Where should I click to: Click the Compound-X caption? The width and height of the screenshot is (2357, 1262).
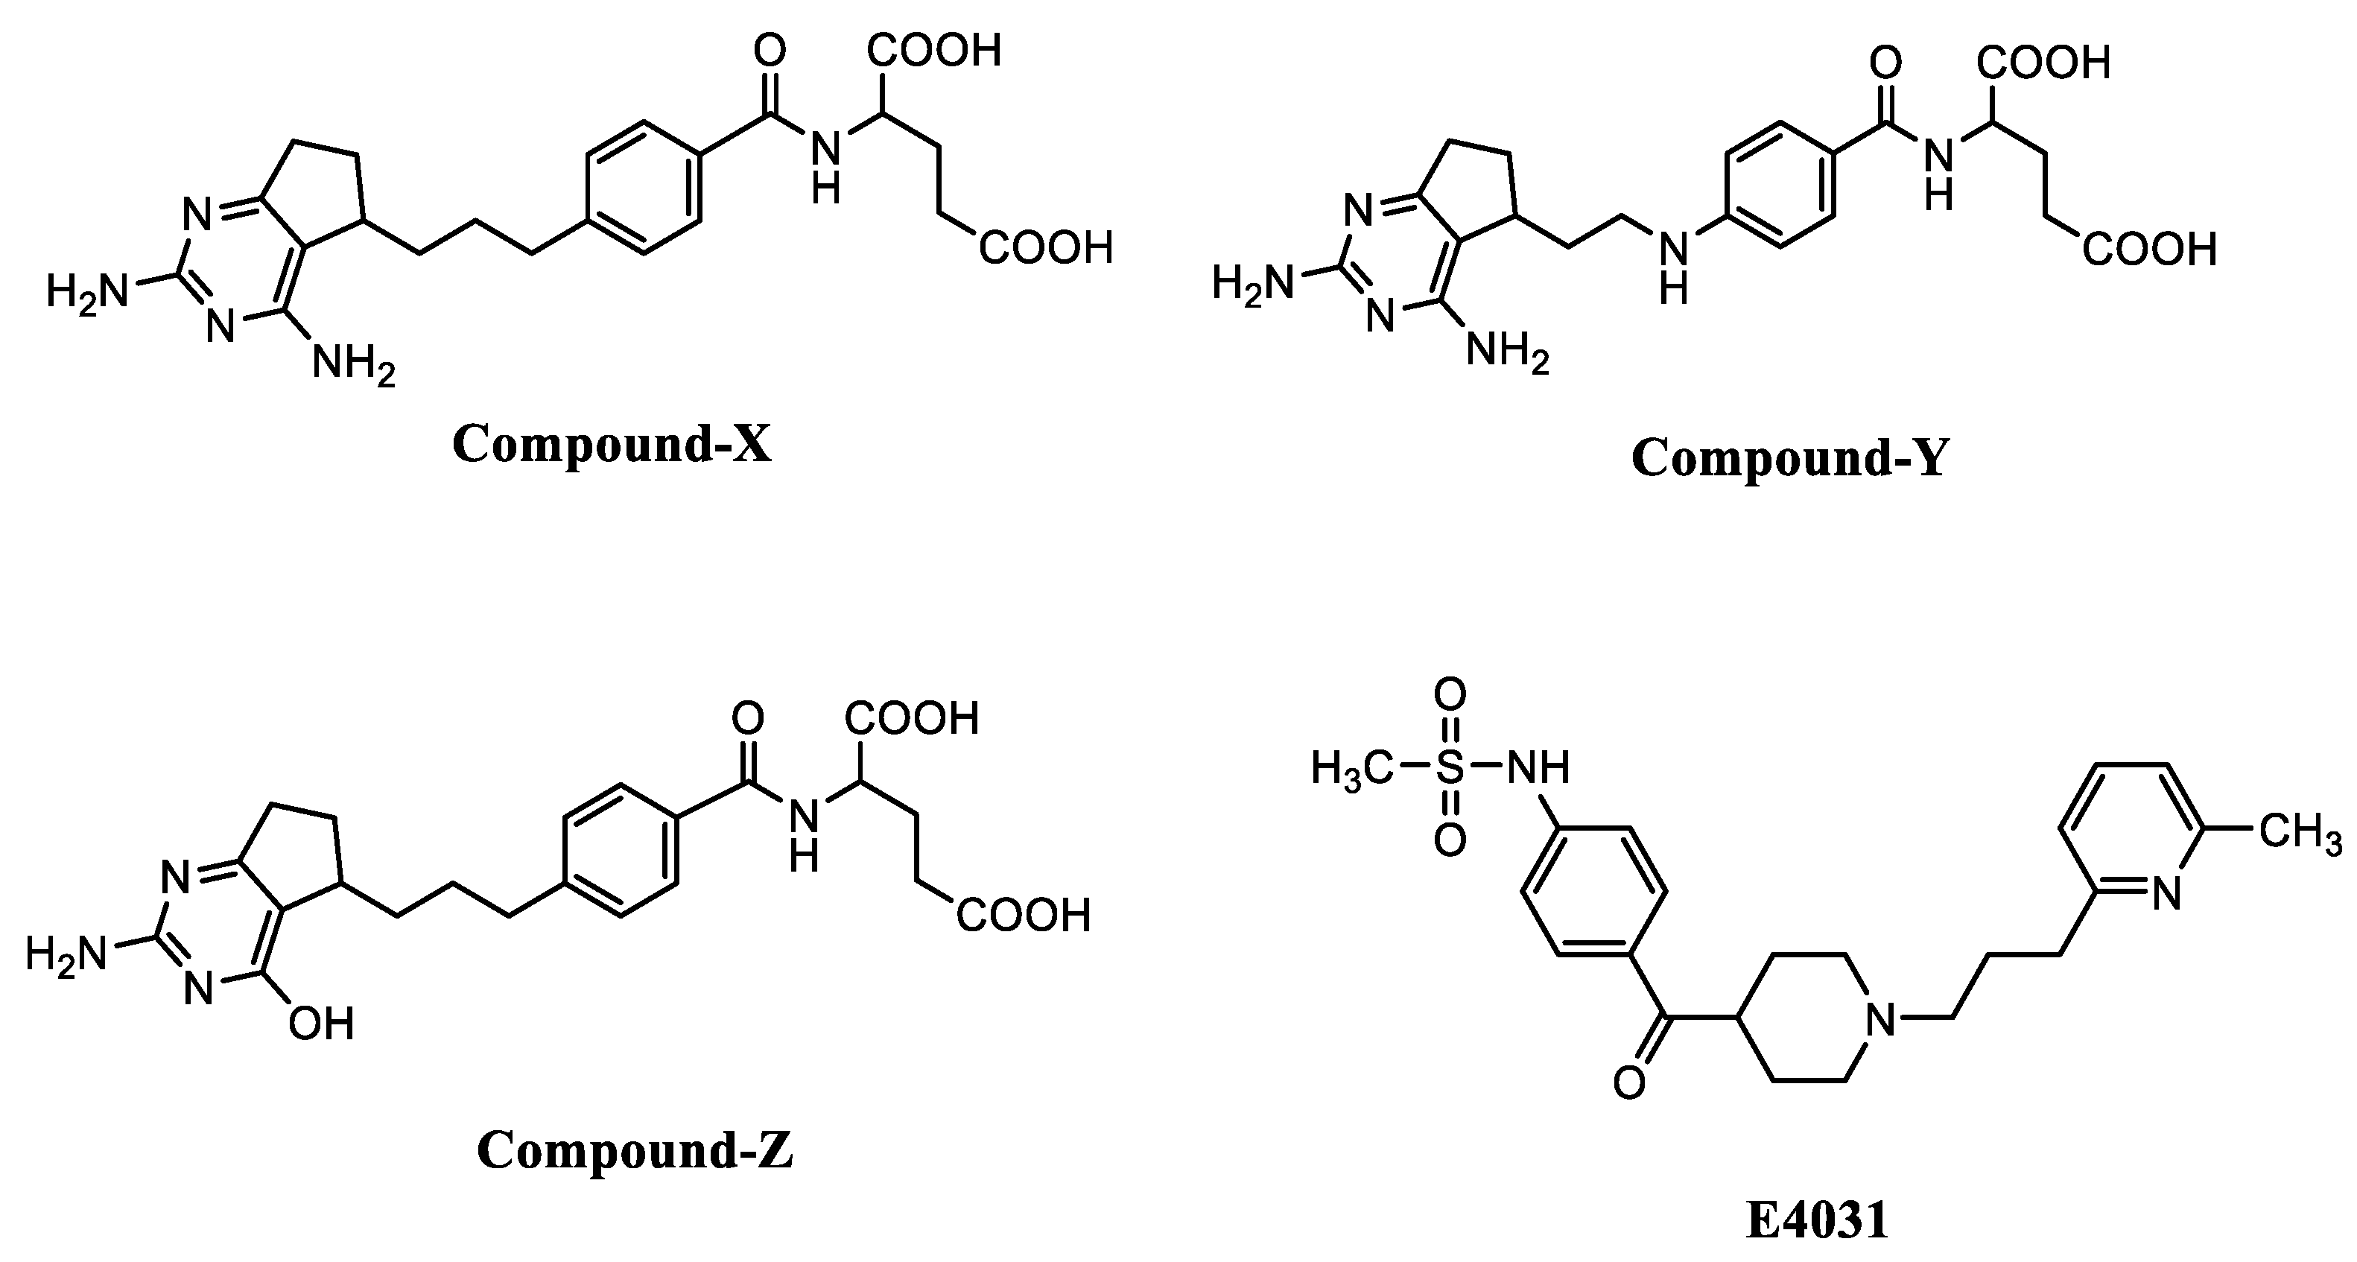(x=611, y=445)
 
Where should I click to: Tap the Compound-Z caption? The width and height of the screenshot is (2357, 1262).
(x=634, y=1150)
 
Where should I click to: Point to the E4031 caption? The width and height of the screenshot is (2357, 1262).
(x=1816, y=1221)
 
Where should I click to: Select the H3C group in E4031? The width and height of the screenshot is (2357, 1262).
(x=1352, y=769)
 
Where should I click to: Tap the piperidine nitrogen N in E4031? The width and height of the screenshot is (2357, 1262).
(x=1880, y=1018)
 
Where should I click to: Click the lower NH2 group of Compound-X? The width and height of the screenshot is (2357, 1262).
(x=353, y=364)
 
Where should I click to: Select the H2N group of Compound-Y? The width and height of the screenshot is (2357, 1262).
(x=1252, y=283)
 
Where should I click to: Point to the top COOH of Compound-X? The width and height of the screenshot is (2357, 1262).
(x=934, y=51)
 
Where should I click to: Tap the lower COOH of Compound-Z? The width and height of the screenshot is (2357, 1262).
(x=1023, y=915)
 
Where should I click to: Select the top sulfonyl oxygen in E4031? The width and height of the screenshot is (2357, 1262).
(x=1450, y=694)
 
